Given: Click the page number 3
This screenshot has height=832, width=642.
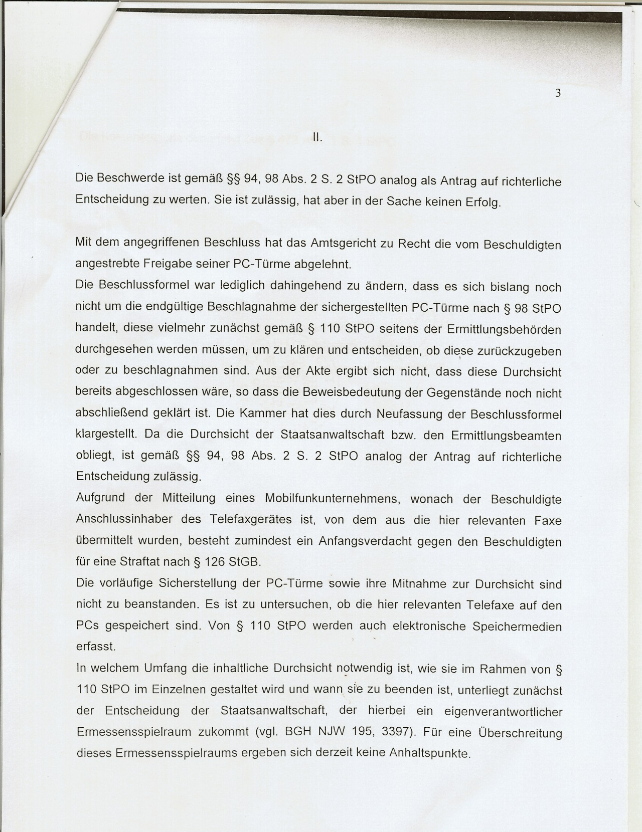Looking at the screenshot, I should point(558,93).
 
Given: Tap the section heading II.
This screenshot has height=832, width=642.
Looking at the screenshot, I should point(316,137).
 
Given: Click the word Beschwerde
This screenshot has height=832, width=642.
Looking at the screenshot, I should point(125,178).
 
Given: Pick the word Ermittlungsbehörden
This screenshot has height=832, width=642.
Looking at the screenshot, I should point(504,330).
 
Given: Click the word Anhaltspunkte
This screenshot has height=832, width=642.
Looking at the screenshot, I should point(430,753).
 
